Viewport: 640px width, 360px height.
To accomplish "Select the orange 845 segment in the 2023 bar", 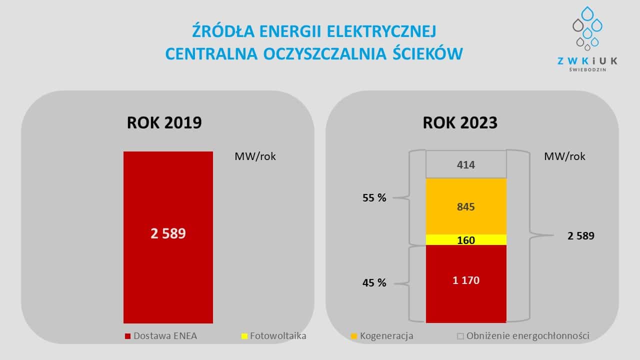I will click(x=466, y=206).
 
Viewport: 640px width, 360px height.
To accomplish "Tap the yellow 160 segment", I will click(x=466, y=240).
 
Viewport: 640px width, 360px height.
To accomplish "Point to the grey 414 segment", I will click(x=466, y=165).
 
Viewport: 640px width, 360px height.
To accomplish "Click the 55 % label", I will click(x=374, y=198).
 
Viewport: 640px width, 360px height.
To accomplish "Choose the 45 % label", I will click(x=374, y=283).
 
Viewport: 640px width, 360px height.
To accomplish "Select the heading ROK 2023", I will click(x=460, y=122).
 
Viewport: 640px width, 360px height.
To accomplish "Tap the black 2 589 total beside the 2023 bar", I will click(x=581, y=236).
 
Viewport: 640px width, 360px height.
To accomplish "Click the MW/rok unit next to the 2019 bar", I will click(x=255, y=156).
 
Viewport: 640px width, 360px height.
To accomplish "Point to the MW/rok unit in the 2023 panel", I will click(x=564, y=156).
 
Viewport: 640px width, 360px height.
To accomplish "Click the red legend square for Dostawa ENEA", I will click(x=127, y=336).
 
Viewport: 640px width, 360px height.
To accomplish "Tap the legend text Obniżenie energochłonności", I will click(x=527, y=336).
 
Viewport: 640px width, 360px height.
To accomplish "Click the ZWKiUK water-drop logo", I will click(x=587, y=29).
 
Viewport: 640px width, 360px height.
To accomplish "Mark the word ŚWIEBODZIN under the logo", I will click(x=587, y=70).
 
